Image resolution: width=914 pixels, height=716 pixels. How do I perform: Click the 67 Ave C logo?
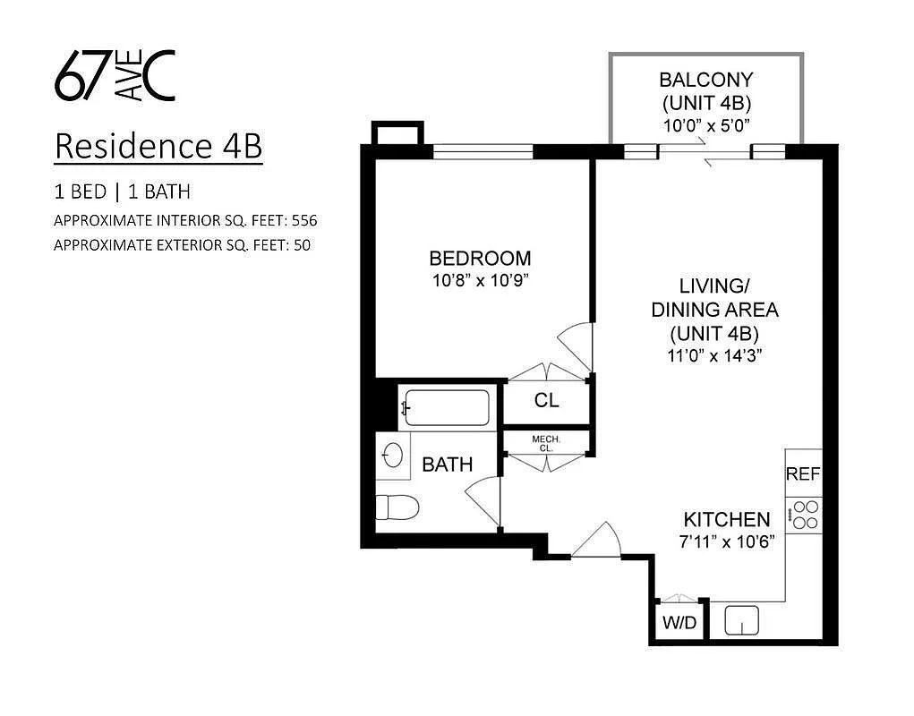point(115,75)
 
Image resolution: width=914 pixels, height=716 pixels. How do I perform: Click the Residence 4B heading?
point(158,147)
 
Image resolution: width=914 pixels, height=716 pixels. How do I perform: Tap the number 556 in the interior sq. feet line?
point(304,219)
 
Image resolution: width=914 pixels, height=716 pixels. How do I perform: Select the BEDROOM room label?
point(480,259)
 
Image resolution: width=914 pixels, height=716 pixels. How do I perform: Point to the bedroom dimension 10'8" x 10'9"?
point(480,279)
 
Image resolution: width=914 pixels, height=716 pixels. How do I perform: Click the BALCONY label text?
point(706,79)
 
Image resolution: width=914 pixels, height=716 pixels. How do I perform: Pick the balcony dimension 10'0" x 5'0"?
point(706,125)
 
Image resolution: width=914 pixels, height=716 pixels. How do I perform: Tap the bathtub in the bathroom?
point(447,408)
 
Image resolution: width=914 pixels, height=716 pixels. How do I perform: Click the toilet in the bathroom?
point(397,507)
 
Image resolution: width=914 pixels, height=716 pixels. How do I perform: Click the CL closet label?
point(546,401)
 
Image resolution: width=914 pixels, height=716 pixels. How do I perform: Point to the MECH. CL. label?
point(546,443)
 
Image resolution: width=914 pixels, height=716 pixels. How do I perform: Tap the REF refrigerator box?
point(803,474)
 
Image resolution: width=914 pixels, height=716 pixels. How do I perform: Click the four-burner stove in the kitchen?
point(805,514)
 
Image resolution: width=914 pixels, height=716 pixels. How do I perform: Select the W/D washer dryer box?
point(679,622)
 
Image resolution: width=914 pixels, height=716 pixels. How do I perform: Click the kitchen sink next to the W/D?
point(741,619)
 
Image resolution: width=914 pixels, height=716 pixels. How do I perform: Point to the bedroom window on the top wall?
point(483,151)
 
